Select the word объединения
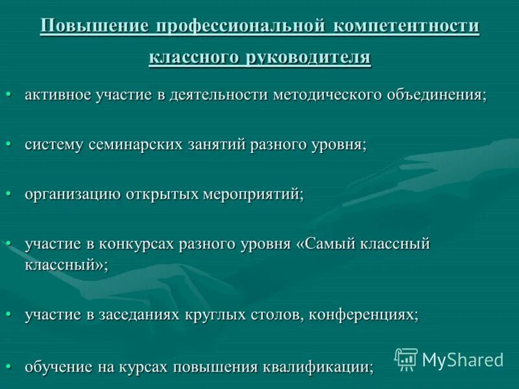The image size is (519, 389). (437, 95)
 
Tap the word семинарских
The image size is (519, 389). (155, 145)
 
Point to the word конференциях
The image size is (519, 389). (364, 314)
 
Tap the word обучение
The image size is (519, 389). (58, 367)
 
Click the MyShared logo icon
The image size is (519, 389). (405, 359)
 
